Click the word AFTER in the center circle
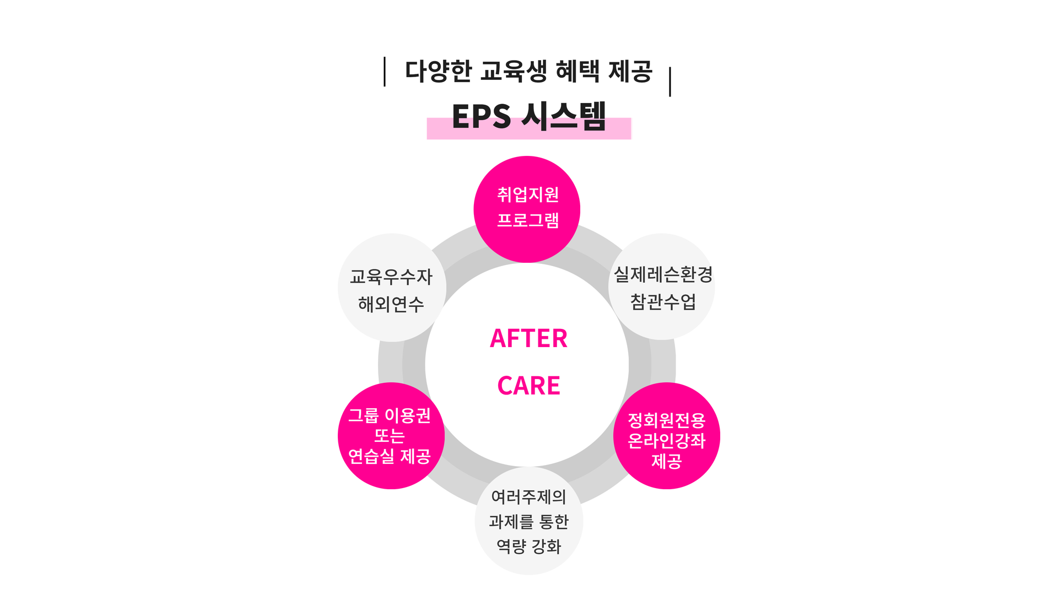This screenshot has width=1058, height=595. tap(528, 338)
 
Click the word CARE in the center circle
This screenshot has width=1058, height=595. tap(528, 386)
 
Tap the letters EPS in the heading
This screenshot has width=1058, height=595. tap(481, 116)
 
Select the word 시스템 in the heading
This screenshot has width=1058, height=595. tap(563, 116)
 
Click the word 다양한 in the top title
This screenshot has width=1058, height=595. tap(438, 71)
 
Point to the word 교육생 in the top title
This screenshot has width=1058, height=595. tap(513, 71)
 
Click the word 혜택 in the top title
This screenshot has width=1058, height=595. tap(577, 71)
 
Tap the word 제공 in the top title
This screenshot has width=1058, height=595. tap(630, 71)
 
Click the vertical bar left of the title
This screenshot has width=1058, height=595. tap(385, 71)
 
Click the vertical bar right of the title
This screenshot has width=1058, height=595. tap(670, 82)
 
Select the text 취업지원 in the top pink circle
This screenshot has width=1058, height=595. tap(528, 194)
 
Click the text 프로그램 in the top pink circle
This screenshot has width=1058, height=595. tap(528, 220)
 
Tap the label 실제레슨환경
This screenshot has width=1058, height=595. tap(663, 274)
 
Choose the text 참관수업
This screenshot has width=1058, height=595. tap(663, 301)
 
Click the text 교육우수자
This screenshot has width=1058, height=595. tap(391, 277)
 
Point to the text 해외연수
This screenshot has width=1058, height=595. tap(391, 304)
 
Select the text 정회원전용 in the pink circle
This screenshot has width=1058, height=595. tap(667, 420)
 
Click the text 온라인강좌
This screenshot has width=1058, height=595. tap(667, 441)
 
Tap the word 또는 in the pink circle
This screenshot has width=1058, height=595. tap(390, 436)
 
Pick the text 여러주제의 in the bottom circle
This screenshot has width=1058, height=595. tap(528, 497)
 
